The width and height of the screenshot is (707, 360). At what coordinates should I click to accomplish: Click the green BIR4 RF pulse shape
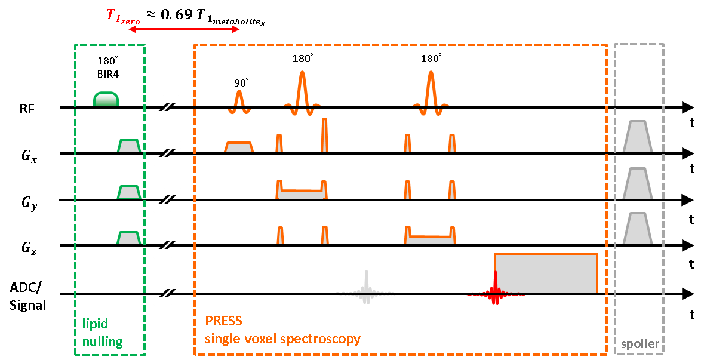point(106,100)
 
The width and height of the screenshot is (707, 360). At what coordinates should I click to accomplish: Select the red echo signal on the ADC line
point(495,290)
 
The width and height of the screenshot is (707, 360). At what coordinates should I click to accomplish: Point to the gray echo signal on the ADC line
point(367,289)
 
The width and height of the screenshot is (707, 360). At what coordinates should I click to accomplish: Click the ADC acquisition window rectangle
point(546,273)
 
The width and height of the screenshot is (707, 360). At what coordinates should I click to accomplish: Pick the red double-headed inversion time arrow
point(183,29)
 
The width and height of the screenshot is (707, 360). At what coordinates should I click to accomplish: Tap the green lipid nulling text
point(103,333)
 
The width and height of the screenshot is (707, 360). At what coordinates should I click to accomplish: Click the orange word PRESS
point(224,321)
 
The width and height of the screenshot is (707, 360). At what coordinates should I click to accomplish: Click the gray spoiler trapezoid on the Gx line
point(637,137)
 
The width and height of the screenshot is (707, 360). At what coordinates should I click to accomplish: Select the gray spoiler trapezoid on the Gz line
point(637,229)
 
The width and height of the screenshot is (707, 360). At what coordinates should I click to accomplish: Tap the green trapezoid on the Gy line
point(129,193)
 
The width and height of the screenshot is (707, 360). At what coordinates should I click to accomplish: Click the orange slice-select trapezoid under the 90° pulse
point(239,147)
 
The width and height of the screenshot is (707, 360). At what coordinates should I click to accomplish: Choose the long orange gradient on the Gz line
point(430,238)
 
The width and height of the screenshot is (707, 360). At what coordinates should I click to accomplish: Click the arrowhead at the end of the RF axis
point(687,107)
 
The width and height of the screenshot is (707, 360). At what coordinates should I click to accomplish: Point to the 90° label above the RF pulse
point(241,83)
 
